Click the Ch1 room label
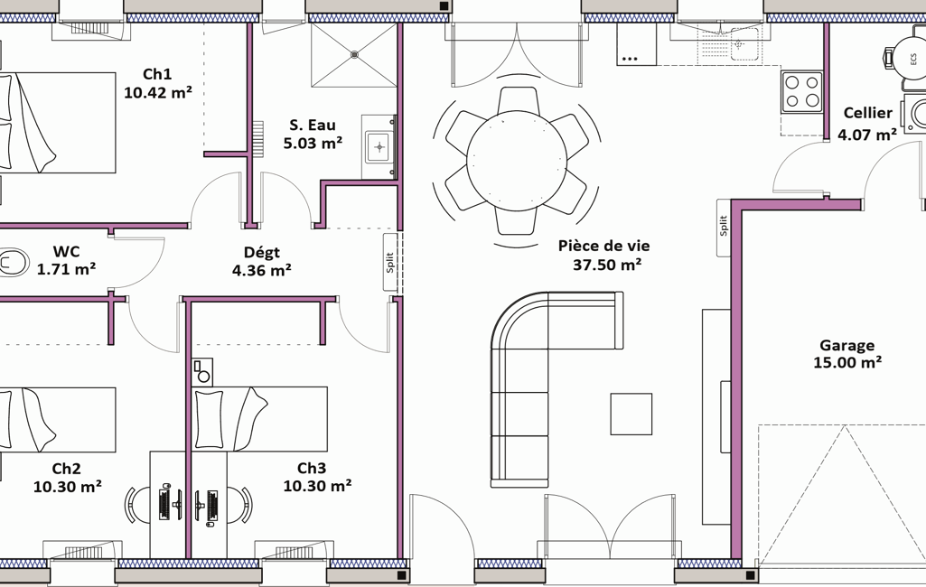157,74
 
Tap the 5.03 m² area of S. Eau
313,143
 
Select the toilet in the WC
13,262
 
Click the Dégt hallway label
262,253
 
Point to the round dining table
517,160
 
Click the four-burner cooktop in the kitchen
802,91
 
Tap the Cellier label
867,113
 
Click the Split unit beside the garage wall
724,228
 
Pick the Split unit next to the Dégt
390,262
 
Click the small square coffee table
631,414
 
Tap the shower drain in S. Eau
354,54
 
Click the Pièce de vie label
604,246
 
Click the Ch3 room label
311,469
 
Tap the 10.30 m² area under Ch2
68,487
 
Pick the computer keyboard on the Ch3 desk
213,505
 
